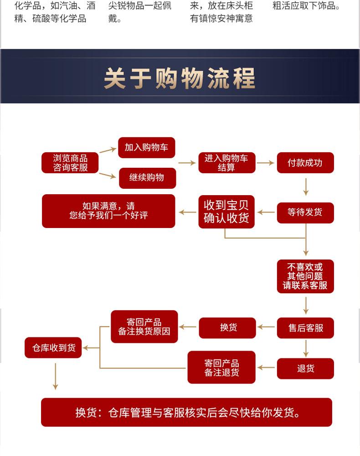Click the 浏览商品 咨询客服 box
point(70,163)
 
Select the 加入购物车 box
point(146,147)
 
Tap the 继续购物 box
point(147,177)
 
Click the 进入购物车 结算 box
point(226,163)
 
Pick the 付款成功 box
point(305,163)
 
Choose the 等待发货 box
point(305,212)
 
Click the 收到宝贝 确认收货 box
point(226,212)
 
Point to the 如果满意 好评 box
point(108,211)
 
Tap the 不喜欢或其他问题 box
point(305,276)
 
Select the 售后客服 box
point(305,328)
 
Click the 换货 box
point(227,328)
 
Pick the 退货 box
point(305,368)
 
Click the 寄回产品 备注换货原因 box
point(144,326)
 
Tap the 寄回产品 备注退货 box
point(221,368)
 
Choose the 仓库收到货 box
point(53,348)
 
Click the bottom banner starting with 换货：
point(186,413)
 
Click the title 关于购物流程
point(180,78)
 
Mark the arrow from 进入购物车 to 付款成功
point(266,163)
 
